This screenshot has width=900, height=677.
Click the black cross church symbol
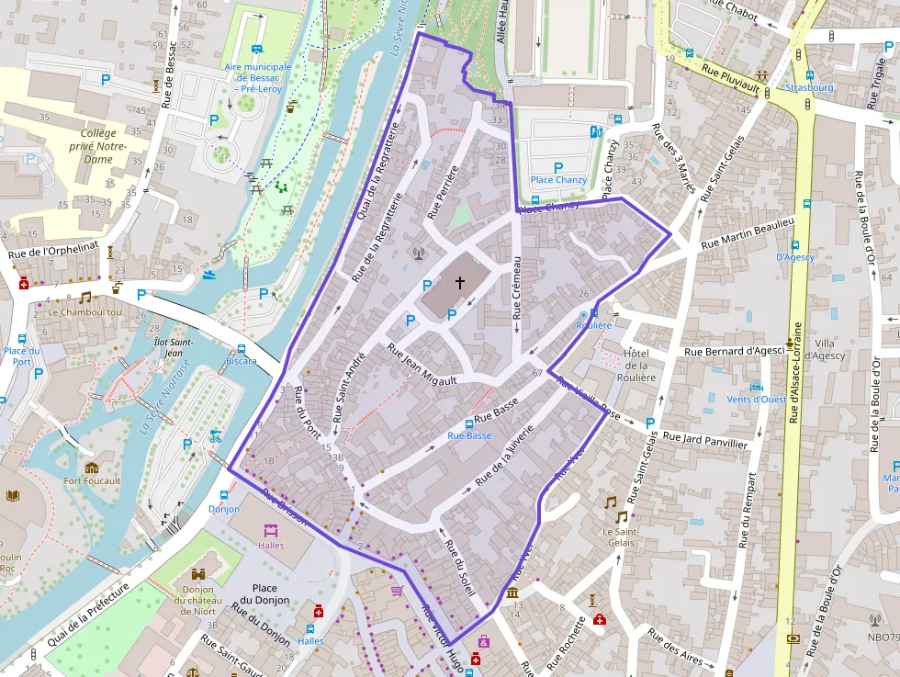pyautogui.click(x=459, y=284)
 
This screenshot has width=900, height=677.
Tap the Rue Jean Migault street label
pyautogui.click(x=422, y=361)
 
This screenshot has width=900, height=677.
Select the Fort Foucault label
pyautogui.click(x=92, y=480)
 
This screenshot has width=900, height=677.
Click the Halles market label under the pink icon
pyautogui.click(x=271, y=546)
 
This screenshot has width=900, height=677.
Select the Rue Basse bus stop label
pyautogui.click(x=469, y=436)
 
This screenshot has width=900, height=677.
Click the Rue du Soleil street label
pyautogui.click(x=459, y=569)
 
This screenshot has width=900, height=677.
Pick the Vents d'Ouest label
pyautogui.click(x=756, y=399)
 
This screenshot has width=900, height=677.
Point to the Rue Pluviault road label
pyautogui.click(x=730, y=82)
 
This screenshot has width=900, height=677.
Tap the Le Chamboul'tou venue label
pyautogui.click(x=84, y=311)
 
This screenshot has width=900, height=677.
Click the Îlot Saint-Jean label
pyautogui.click(x=174, y=347)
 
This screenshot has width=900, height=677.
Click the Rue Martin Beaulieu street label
pyautogui.click(x=747, y=234)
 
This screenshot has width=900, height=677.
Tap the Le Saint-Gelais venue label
pyautogui.click(x=619, y=536)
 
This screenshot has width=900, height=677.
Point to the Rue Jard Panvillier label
pyautogui.click(x=704, y=440)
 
